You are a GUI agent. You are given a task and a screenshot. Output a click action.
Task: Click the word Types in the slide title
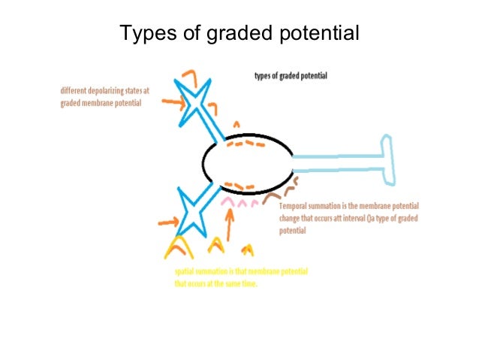tap(146, 34)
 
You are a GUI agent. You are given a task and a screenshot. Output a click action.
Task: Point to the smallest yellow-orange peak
tap(249, 250)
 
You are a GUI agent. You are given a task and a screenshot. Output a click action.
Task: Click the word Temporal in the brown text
tap(294, 207)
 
